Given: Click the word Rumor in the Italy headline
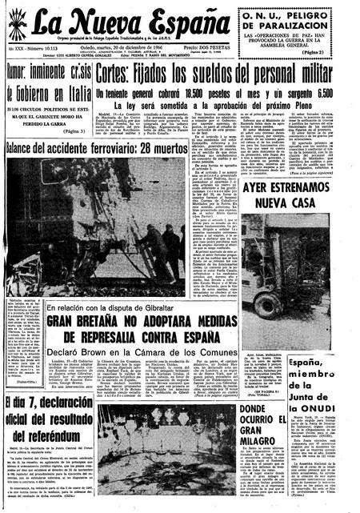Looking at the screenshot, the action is [x=22, y=93].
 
